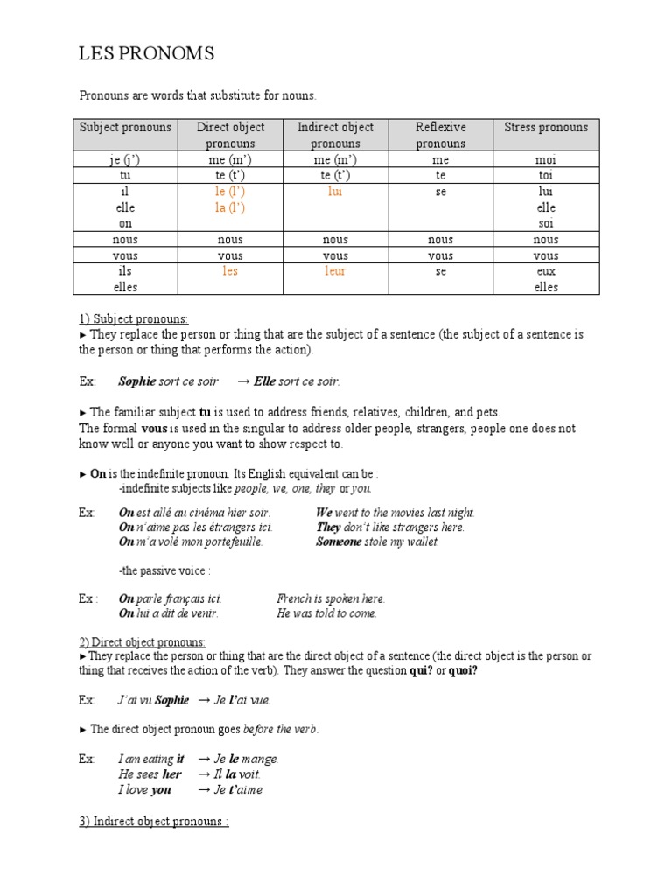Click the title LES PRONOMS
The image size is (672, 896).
pos(146,55)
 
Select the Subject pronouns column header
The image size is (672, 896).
pos(126,128)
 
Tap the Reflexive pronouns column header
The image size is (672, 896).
pos(440,135)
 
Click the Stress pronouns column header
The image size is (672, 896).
pos(546,128)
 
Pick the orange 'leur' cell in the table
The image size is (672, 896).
pos(335,271)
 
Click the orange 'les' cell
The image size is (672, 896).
pos(230,271)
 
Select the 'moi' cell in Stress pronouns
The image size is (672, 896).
pos(546,160)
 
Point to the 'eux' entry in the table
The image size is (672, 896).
pos(546,271)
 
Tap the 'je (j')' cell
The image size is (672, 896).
pos(126,160)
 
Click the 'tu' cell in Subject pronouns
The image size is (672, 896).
pos(126,175)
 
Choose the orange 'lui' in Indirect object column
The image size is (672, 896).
pos(335,191)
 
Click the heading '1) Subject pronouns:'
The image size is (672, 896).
pos(133,318)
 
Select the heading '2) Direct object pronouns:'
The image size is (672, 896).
pos(143,641)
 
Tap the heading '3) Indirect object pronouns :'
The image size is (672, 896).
pos(154,822)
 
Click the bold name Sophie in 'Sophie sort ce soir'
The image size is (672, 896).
pos(136,381)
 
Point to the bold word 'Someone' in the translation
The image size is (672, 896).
pos(339,542)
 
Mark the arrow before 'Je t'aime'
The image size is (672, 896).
pos(204,790)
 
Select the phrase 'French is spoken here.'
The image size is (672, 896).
pos(331,599)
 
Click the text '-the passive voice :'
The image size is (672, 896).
pos(164,570)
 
